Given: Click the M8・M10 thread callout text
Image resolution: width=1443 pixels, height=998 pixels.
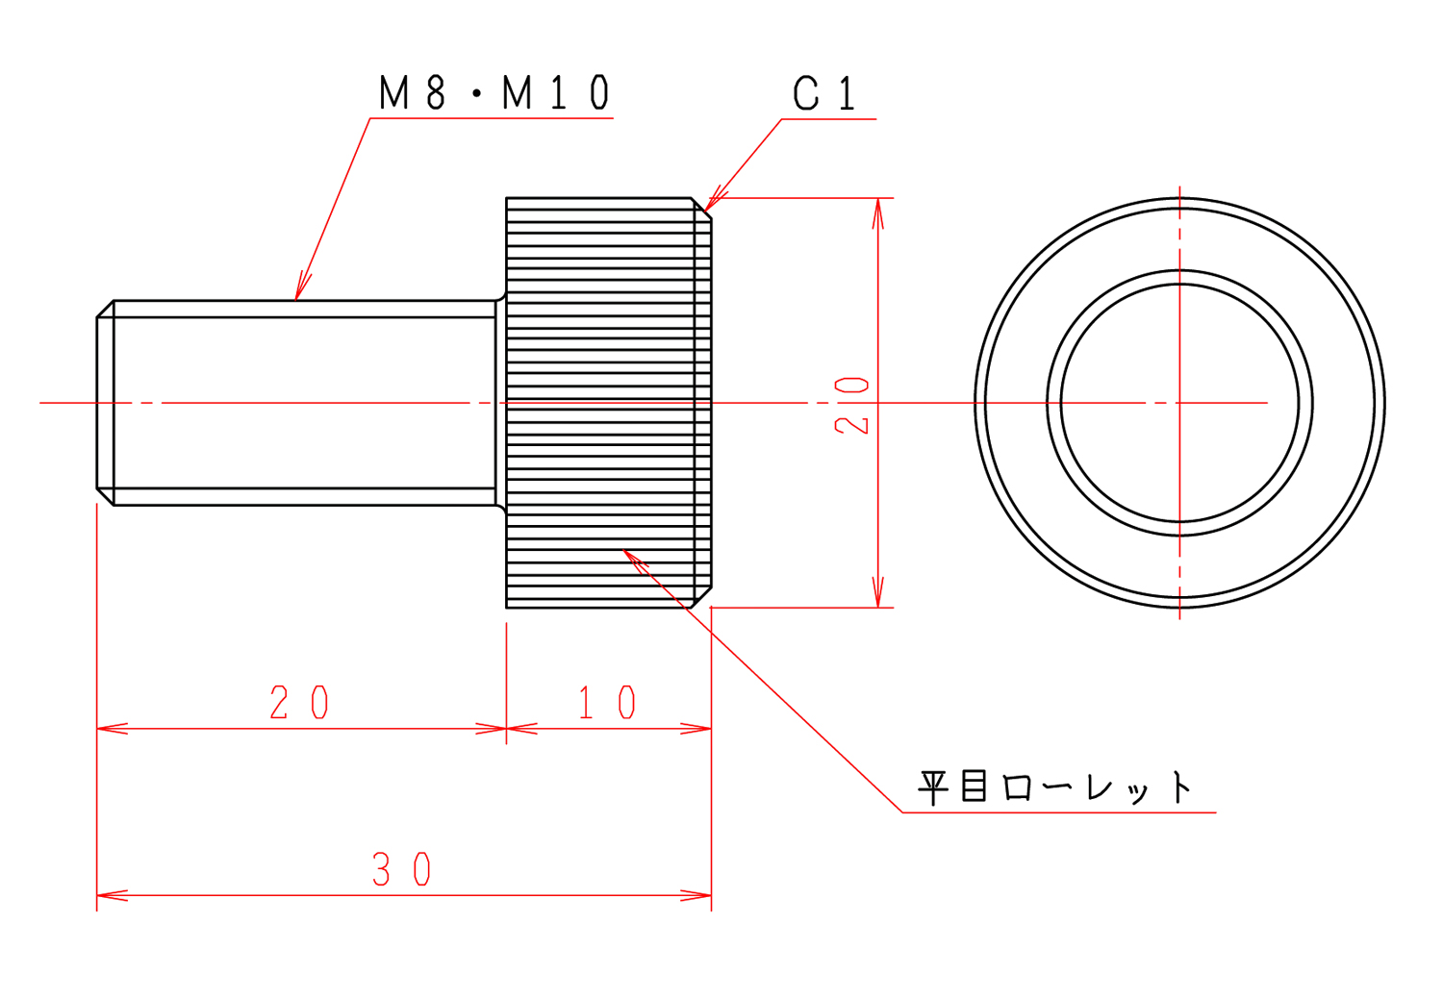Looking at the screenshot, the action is click(494, 92).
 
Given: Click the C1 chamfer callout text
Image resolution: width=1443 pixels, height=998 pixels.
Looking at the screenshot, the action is click(823, 93).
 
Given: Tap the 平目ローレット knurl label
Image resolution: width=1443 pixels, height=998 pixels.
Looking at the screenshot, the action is click(1055, 787).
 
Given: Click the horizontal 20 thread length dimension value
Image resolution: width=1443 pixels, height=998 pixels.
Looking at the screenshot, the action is click(299, 702).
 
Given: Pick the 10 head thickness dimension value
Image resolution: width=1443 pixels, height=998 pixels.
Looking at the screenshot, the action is click(607, 702).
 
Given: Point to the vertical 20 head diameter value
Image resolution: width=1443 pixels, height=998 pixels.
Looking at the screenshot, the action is click(851, 406).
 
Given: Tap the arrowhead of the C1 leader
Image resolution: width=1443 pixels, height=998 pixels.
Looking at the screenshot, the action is click(714, 201).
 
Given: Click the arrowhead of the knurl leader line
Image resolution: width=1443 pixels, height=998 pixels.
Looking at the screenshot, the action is click(633, 559).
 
